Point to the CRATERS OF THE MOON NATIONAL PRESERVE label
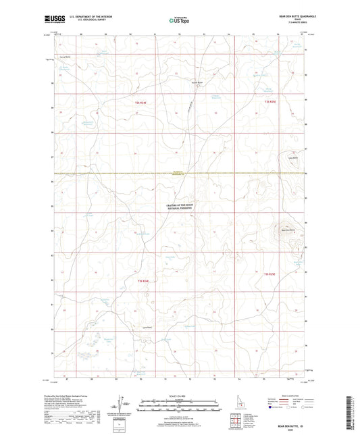pyautogui.click(x=179, y=206)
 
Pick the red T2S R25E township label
pyautogui.click(x=272, y=101)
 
